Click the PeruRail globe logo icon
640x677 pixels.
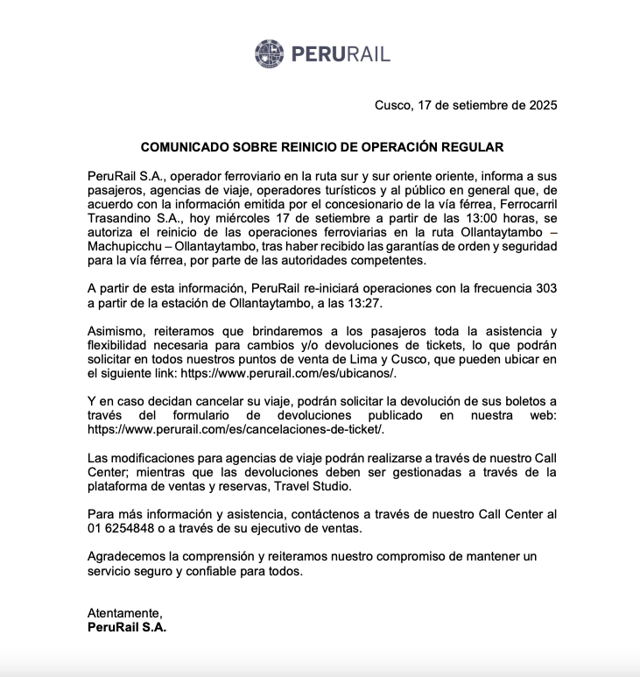[x=270, y=53]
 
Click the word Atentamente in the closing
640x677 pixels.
[x=125, y=613]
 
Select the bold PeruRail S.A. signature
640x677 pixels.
[x=127, y=627]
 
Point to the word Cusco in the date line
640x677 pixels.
[x=391, y=105]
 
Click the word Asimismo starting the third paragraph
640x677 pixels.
[x=118, y=330]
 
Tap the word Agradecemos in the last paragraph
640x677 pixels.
[x=129, y=556]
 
